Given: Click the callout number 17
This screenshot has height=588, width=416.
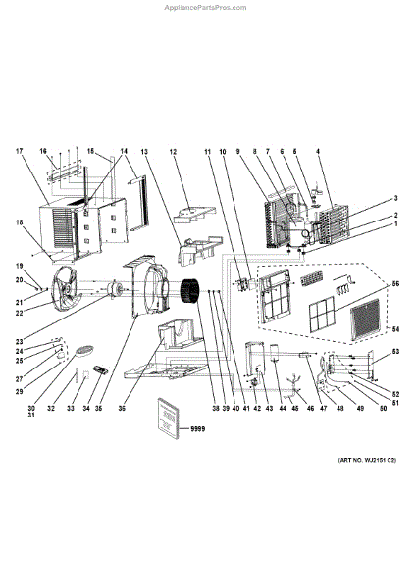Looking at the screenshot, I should pos(18,151).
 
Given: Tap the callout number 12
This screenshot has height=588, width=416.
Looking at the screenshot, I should pos(173,152).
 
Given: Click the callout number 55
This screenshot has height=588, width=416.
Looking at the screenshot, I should pos(396,284).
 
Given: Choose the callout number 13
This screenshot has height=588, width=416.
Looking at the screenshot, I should pos(143,152).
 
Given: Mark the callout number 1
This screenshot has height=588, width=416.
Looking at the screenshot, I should pos(396,224).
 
